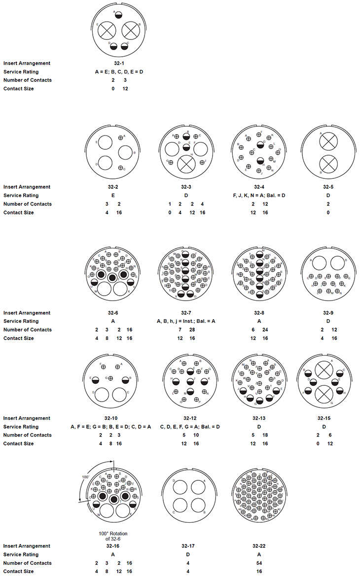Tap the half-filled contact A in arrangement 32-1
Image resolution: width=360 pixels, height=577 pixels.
118,14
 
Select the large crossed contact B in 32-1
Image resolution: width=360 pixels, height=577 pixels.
131,31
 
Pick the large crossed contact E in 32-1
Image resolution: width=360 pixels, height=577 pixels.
106,31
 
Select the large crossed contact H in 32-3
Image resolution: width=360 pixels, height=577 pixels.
186,163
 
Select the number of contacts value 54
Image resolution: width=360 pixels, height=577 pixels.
259,563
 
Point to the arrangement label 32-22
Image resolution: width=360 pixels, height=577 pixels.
259,546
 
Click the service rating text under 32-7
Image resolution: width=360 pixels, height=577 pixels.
186,321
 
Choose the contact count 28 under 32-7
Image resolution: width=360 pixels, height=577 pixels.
192,330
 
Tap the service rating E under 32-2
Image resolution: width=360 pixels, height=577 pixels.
113,196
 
